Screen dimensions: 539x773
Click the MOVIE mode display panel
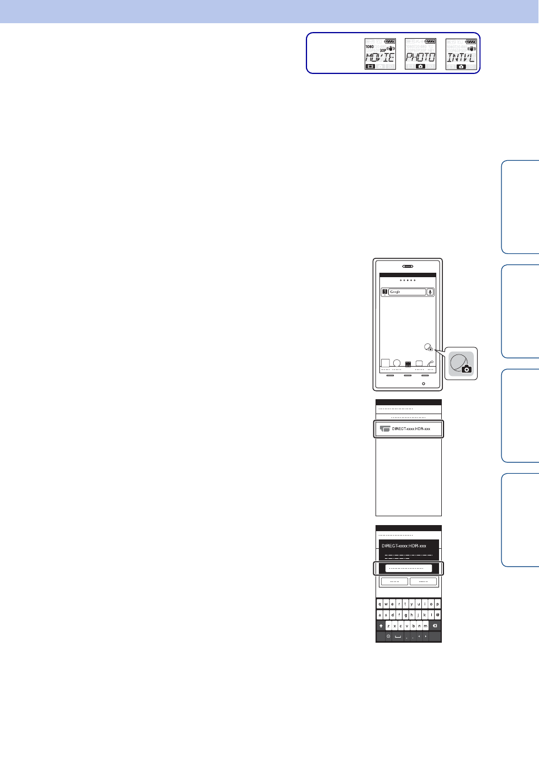(380, 54)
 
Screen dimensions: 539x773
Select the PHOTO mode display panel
(420, 54)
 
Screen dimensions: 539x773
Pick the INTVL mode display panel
(461, 54)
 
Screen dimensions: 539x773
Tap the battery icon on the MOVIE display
(390, 41)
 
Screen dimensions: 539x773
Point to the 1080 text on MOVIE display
(369, 47)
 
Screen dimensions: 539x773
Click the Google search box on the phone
(408, 292)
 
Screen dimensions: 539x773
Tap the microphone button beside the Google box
(431, 292)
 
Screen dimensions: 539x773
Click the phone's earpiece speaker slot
(408, 266)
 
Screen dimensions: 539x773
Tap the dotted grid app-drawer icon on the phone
(408, 364)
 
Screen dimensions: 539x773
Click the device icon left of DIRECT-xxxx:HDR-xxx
(385, 429)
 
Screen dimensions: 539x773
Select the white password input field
(409, 568)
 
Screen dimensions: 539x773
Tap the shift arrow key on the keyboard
(381, 626)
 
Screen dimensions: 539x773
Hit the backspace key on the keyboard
(435, 626)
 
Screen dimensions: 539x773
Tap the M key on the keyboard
(425, 626)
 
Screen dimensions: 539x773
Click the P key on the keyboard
(437, 604)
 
